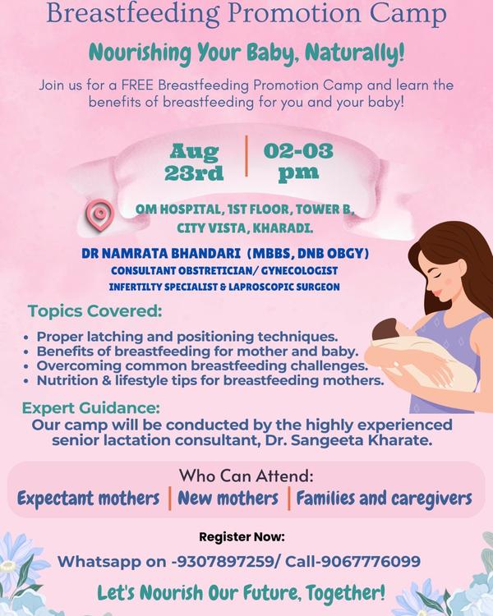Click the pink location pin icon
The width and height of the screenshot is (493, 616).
pos(100,215)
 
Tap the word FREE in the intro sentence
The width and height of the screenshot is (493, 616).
pos(138,85)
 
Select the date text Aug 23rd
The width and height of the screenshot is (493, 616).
pos(194,162)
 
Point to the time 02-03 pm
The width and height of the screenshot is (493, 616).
pos(298,162)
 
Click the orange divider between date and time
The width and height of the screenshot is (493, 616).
pos(246,156)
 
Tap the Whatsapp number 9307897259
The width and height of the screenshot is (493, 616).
pos(226,561)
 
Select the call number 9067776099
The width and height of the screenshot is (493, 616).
pos(371,561)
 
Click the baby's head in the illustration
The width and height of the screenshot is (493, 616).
pos(385,329)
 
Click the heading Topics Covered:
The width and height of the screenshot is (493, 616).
pos(94,311)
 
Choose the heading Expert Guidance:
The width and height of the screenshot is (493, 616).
pos(91,407)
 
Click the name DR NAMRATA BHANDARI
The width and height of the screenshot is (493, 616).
pos(161,254)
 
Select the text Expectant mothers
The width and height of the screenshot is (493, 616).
pos(89,499)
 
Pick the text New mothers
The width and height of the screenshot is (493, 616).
pos(228,499)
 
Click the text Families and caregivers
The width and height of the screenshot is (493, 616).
pos(384,499)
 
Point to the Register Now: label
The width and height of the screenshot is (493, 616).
pos(242,536)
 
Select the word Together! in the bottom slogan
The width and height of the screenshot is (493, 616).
pos(345,593)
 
